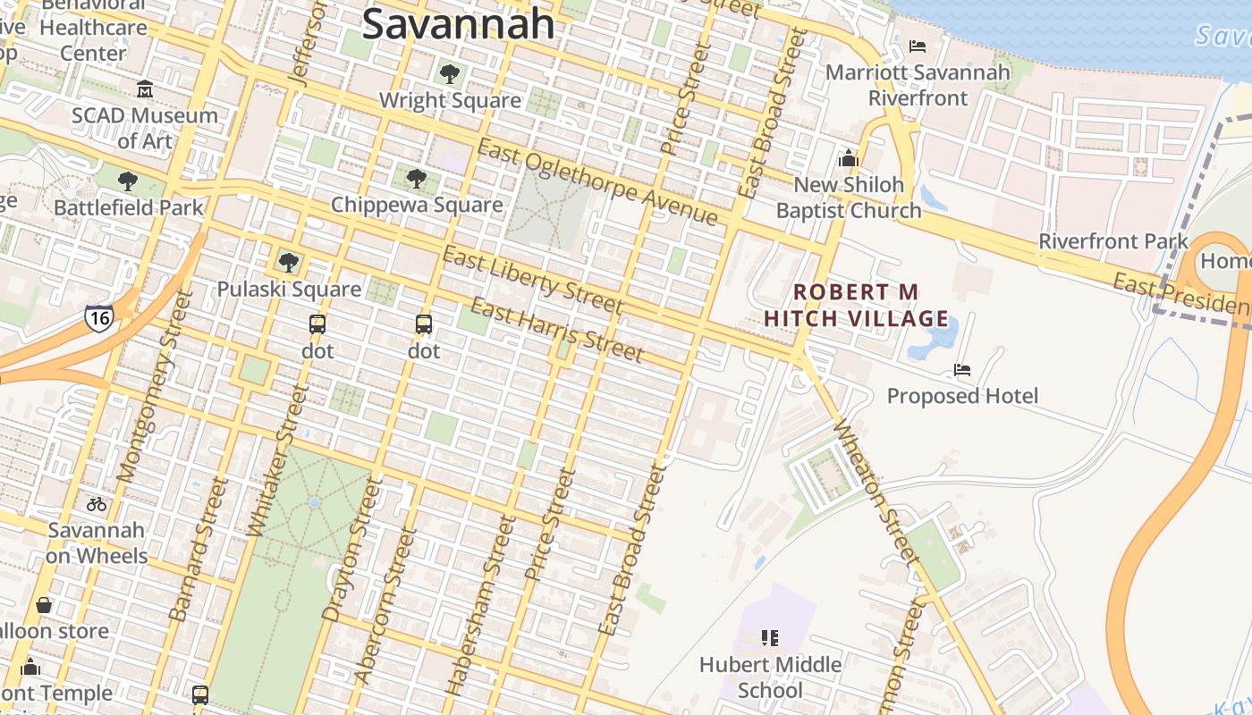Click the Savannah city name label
458,23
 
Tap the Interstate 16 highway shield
98,317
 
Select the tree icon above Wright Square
450,73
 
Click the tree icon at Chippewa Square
416,179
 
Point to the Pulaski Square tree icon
288,262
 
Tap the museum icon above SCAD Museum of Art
145,88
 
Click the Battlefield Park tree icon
128,181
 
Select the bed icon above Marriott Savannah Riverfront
918,46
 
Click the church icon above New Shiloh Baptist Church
848,159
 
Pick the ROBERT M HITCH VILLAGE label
857,305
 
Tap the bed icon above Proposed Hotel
962,369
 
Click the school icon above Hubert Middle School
770,637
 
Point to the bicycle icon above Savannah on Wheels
96,504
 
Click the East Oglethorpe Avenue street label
597,182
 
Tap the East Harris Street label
556,331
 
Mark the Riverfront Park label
1113,241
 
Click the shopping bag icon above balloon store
44,605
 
